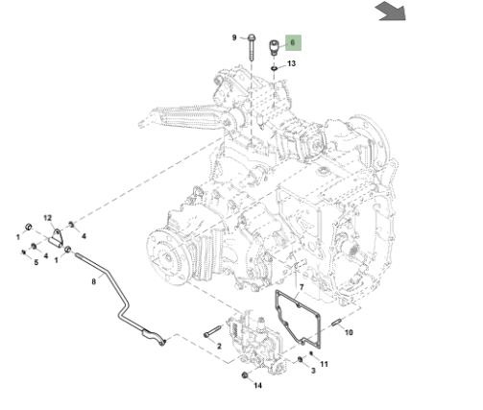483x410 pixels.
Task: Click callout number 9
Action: tap(234, 37)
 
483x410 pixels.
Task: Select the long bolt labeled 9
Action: tap(252, 48)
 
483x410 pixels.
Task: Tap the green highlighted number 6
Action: tap(293, 42)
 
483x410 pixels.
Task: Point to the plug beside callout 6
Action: tap(274, 47)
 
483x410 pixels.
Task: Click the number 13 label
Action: tap(291, 63)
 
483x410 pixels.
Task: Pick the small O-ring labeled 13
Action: tap(275, 68)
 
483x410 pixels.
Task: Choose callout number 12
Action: tap(48, 218)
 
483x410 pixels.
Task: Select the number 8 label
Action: tap(94, 281)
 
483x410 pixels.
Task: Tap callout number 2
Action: tap(219, 346)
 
